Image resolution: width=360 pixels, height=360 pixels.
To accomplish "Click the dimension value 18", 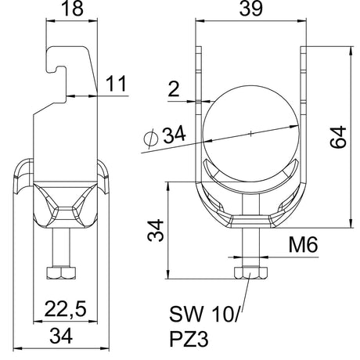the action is pyautogui.click(x=72, y=9).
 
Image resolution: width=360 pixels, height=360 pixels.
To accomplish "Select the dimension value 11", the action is pyautogui.click(x=116, y=83).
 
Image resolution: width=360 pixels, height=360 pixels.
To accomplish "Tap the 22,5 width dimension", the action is pyautogui.click(x=65, y=309).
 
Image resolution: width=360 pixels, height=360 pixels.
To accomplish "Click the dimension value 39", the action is pyautogui.click(x=250, y=9).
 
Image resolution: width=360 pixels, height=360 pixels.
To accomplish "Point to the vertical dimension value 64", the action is pyautogui.click(x=338, y=137).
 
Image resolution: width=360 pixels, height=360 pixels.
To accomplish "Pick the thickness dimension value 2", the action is pyautogui.click(x=174, y=89).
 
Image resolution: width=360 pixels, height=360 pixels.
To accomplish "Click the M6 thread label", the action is pyautogui.click(x=303, y=245).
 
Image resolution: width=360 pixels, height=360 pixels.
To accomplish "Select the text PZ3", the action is pyautogui.click(x=189, y=339).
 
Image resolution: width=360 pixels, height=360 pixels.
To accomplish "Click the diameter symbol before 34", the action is pyautogui.click(x=151, y=139).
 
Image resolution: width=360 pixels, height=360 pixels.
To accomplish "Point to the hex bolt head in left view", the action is pyautogui.click(x=61, y=273).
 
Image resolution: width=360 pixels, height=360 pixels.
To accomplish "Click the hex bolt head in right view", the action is pyautogui.click(x=250, y=273).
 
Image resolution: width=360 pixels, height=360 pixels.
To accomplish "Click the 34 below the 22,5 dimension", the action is pyautogui.click(x=61, y=336).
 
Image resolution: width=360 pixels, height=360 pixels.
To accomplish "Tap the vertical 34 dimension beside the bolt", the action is pyautogui.click(x=156, y=231).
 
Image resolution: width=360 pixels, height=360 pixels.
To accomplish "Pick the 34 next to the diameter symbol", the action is pyautogui.click(x=175, y=135).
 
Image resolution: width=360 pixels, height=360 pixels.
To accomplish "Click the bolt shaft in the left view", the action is pyautogui.click(x=61, y=247).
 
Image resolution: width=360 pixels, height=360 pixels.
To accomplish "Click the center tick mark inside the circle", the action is pyautogui.click(x=250, y=134).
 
